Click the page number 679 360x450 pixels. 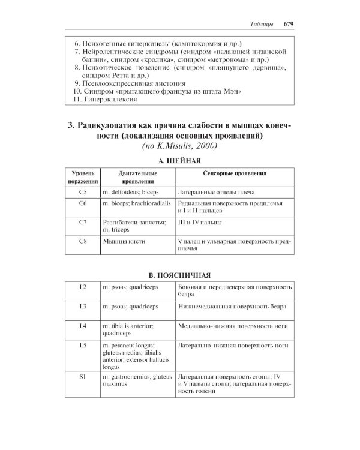click(x=284, y=25)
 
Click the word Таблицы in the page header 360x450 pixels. click(x=261, y=25)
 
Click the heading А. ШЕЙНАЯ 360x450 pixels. click(x=179, y=161)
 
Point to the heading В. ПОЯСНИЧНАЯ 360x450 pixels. click(x=179, y=275)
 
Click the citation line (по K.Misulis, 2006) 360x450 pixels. click(x=179, y=146)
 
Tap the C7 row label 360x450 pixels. click(x=83, y=223)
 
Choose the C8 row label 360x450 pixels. click(x=83, y=242)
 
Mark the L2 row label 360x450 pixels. click(x=83, y=287)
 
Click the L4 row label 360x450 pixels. click(x=83, y=326)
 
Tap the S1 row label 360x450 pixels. click(x=83, y=376)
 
